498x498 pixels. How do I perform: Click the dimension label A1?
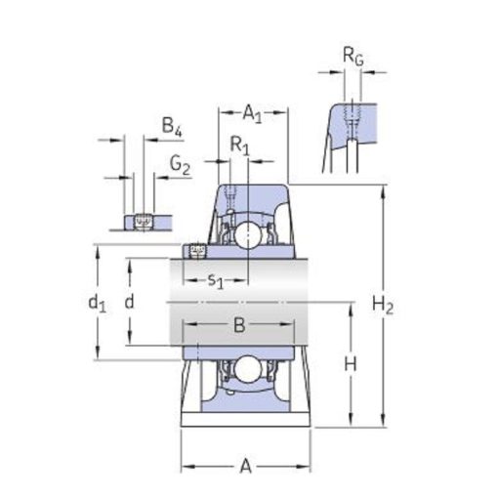(252, 114)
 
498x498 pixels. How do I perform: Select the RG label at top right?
(353, 56)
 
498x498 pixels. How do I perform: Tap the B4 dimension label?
(172, 127)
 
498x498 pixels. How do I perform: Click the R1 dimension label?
(239, 145)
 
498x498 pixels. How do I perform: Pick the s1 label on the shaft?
(216, 280)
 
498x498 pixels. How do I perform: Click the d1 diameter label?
(97, 304)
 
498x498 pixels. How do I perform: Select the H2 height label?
(383, 306)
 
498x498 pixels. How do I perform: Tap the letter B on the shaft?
(239, 324)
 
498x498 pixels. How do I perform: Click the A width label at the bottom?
(246, 466)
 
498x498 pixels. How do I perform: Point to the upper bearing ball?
(248, 234)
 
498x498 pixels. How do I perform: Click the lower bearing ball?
(248, 369)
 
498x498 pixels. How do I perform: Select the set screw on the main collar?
(197, 251)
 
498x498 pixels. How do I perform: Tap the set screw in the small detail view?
(144, 222)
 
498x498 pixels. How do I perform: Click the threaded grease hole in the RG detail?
(353, 115)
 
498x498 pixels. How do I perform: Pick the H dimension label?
(351, 364)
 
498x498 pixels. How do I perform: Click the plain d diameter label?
(129, 302)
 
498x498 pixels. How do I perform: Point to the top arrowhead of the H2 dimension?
(383, 192)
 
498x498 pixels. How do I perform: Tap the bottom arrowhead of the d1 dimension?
(98, 353)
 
